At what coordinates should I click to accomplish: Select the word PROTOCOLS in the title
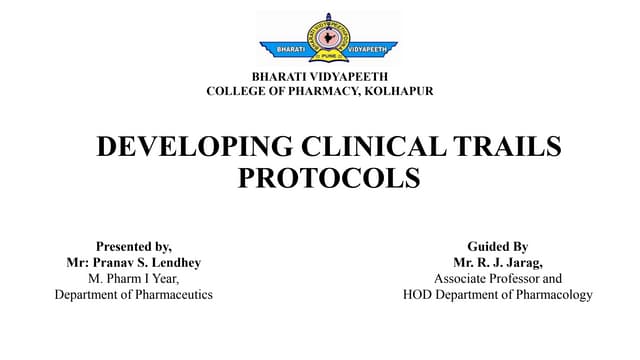[329, 178]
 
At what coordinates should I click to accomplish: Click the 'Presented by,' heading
[133, 246]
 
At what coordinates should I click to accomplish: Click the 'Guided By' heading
[497, 246]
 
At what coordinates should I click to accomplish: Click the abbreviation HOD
[419, 294]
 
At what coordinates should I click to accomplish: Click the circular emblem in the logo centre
[327, 35]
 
